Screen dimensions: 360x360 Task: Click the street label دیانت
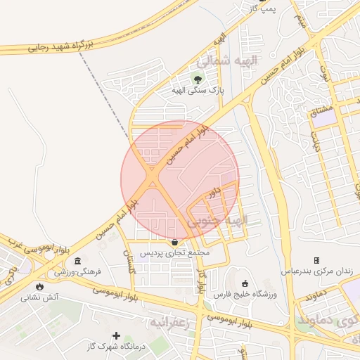(316, 143)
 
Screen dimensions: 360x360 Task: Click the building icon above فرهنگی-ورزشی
(77, 261)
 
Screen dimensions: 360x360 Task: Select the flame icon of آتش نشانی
(40, 287)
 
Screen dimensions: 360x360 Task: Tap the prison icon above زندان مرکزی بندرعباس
(316, 260)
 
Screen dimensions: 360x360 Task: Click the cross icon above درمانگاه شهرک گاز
(117, 335)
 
